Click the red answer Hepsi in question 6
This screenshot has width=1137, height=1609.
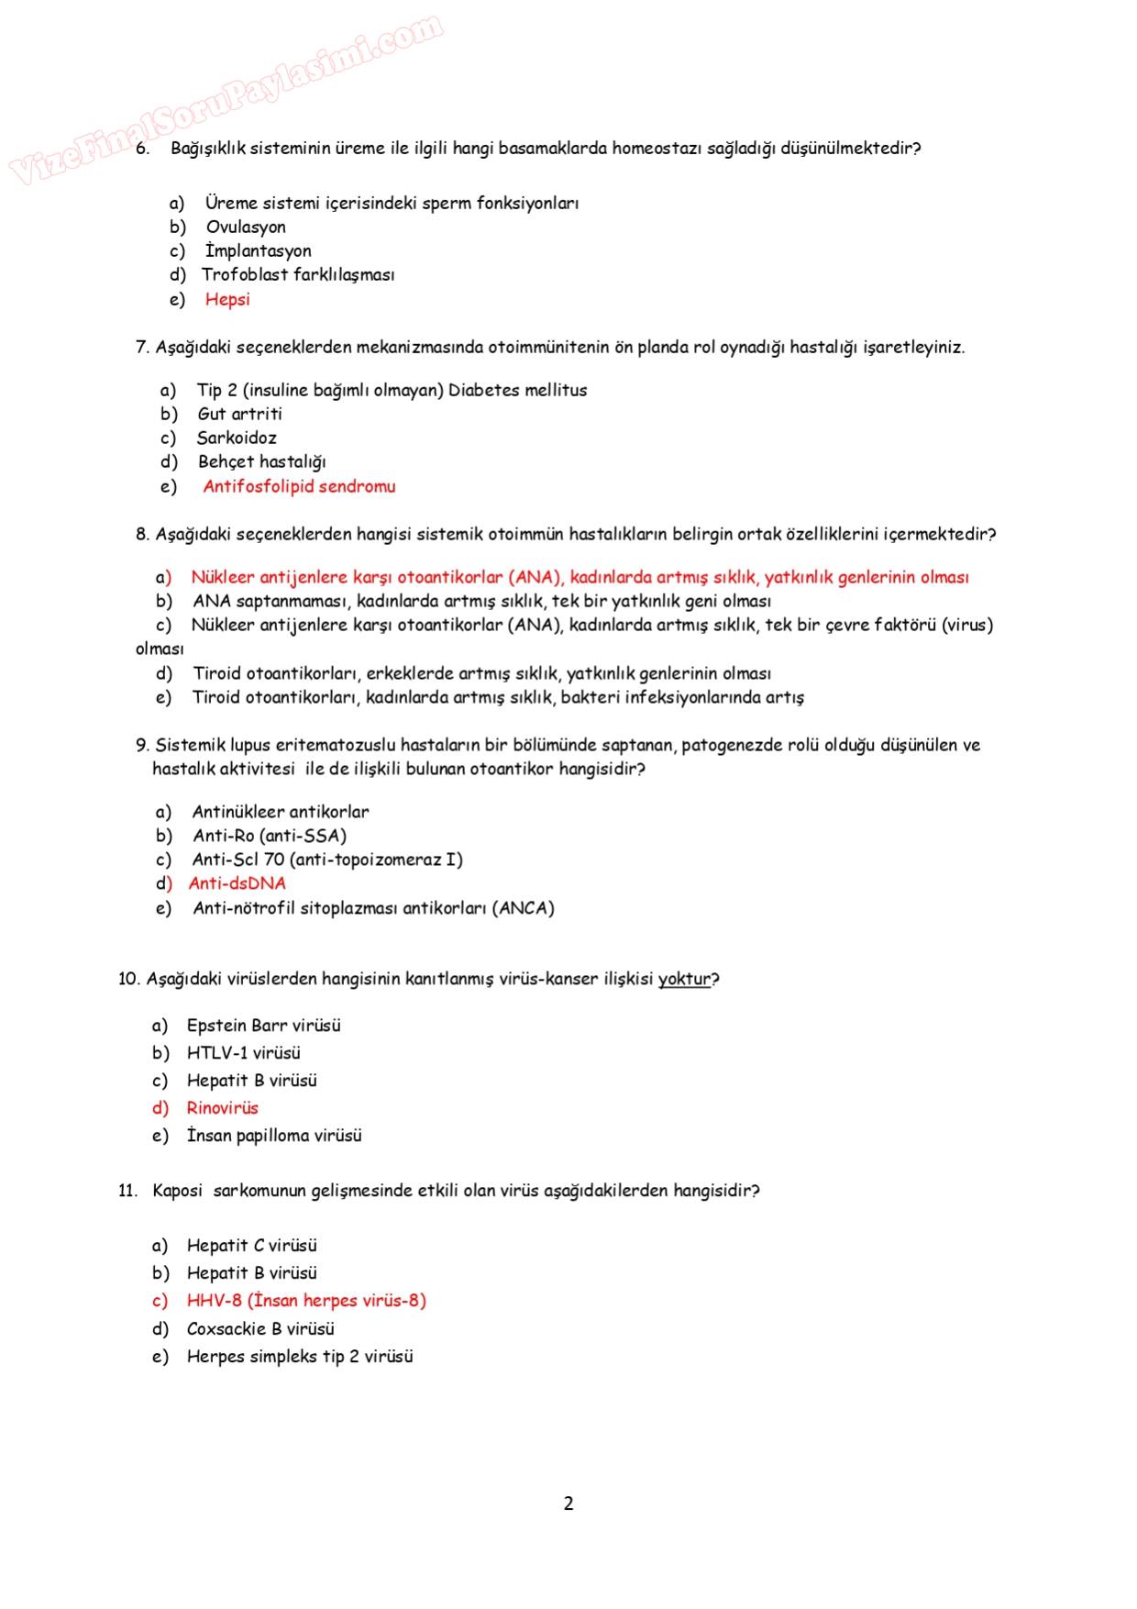coord(227,299)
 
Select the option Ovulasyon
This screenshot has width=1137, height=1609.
coord(246,227)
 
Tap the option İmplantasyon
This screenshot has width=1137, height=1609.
coord(259,250)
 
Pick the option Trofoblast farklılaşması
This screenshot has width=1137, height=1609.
coord(298,274)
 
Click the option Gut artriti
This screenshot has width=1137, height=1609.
coord(239,414)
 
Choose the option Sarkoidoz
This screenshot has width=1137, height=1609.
coord(237,438)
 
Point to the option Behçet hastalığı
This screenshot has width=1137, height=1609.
coord(261,461)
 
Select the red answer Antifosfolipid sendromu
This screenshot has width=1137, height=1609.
coord(299,486)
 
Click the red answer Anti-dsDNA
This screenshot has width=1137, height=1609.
coord(237,883)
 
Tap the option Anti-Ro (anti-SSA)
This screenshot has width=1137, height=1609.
coord(270,836)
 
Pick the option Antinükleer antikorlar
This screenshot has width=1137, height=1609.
coord(281,812)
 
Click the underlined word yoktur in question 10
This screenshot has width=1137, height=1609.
coord(684,979)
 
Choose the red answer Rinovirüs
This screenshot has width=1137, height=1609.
coord(223,1108)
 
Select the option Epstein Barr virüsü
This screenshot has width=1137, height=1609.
coord(263,1026)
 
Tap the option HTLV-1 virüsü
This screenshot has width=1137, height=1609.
coord(243,1053)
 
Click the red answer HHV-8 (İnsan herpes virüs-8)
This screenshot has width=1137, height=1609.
coord(306,1301)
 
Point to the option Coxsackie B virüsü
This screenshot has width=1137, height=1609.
coord(260,1328)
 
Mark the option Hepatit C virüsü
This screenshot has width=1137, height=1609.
coord(251,1246)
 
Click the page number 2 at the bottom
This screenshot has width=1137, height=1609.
coord(568,1504)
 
